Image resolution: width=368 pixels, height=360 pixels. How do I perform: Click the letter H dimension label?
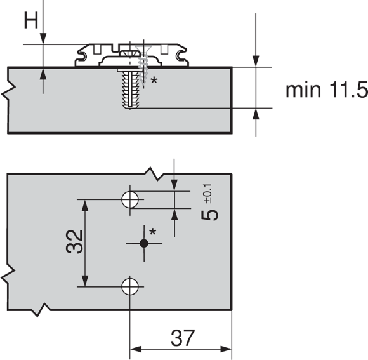(x=30, y=20)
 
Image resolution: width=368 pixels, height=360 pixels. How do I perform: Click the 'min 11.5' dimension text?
(x=327, y=90)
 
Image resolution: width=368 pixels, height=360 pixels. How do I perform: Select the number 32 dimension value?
(x=74, y=242)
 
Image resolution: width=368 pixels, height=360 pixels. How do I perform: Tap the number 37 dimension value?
(x=183, y=338)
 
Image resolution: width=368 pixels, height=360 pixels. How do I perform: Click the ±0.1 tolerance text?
(x=208, y=194)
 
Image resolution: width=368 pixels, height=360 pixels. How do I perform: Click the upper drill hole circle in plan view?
(x=130, y=199)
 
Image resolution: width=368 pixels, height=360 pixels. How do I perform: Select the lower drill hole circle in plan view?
(x=130, y=286)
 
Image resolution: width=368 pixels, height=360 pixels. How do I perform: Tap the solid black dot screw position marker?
(x=144, y=243)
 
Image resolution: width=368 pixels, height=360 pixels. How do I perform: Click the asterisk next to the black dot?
(x=153, y=232)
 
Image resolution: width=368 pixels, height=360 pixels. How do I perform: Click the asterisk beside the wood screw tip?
(x=154, y=80)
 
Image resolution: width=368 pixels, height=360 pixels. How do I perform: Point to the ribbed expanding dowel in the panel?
(x=130, y=89)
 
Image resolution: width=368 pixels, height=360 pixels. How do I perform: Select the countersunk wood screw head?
(x=143, y=48)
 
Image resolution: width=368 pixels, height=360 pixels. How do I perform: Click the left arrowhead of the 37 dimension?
(x=136, y=349)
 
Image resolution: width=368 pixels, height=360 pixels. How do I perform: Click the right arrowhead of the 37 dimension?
(x=226, y=349)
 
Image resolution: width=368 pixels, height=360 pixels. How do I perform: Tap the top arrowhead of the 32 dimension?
(x=85, y=206)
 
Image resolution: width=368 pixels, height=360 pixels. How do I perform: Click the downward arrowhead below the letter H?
(x=43, y=38)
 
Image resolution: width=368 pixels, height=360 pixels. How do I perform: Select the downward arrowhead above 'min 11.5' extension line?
(x=256, y=61)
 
